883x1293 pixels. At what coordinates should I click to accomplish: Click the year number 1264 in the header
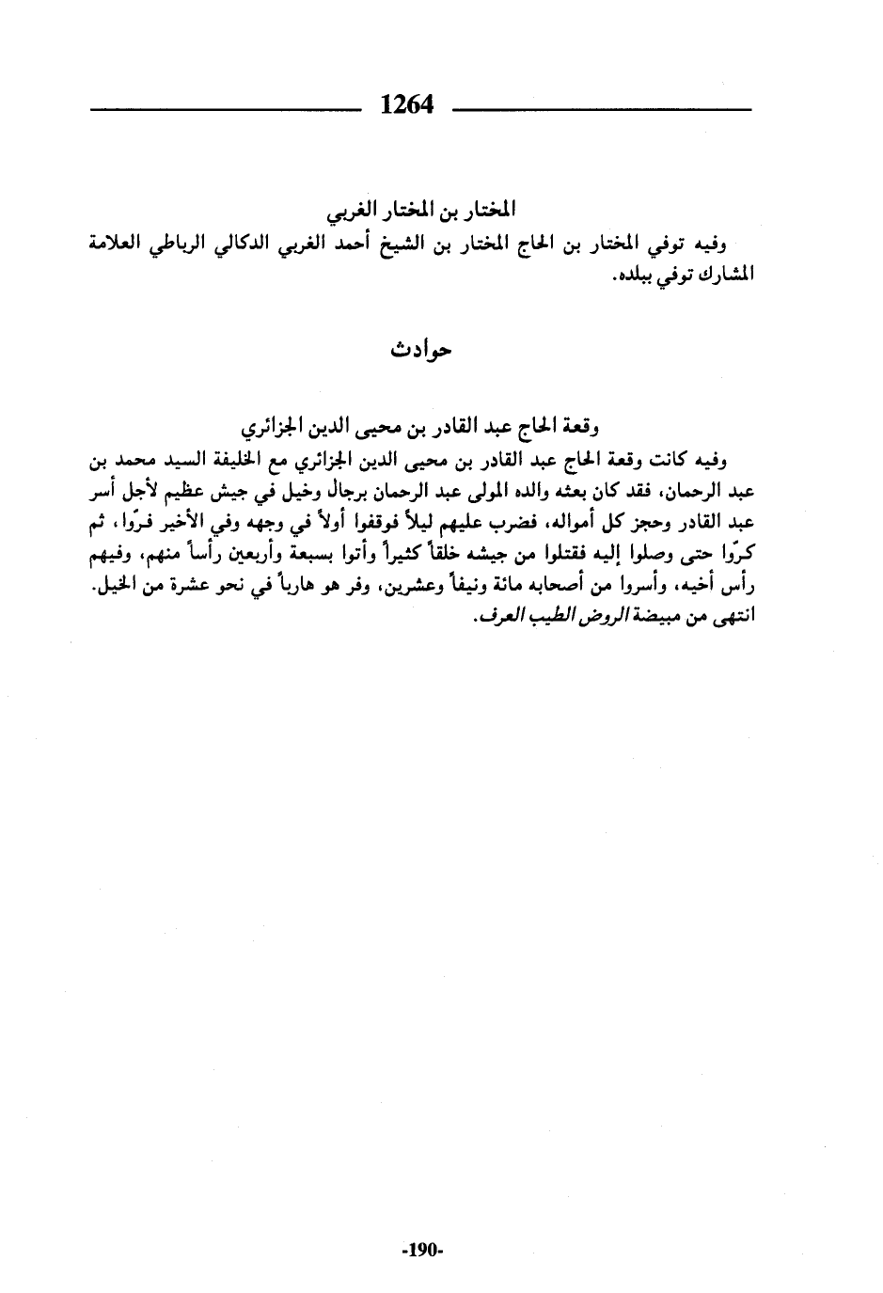[x=406, y=103]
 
